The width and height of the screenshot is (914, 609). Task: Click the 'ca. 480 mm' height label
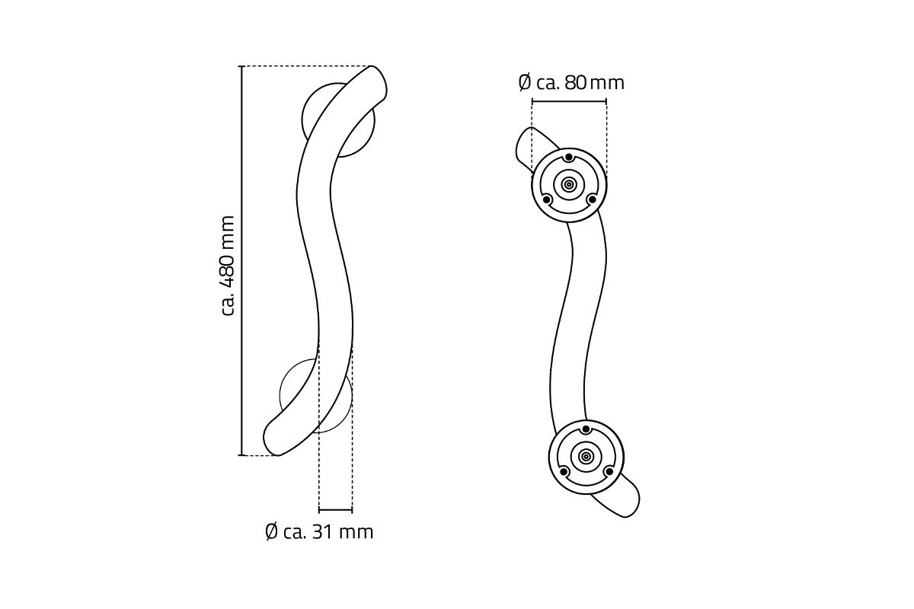pos(228,266)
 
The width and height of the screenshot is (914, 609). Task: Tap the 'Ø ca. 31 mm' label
pos(319,532)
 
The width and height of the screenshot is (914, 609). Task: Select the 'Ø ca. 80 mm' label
pos(571,83)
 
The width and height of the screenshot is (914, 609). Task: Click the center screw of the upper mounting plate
pos(568,185)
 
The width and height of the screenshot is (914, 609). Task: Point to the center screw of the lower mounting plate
pos(586,457)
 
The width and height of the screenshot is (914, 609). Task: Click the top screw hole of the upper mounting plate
pos(569,158)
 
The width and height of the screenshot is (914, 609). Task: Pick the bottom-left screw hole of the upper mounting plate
pos(546,199)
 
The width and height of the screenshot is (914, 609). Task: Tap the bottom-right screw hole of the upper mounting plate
pos(591,199)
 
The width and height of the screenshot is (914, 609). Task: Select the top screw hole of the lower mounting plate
pos(586,429)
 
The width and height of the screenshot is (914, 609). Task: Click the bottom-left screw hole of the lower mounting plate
pos(564,472)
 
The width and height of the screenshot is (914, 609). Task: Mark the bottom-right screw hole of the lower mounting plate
pos(609,472)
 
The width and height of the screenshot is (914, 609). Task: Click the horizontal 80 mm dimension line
pos(569,101)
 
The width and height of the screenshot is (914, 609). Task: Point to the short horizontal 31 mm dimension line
pos(335,510)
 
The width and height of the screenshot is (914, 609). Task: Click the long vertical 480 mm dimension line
pos(241,260)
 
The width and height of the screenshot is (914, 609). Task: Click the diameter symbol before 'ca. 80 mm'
pos(525,83)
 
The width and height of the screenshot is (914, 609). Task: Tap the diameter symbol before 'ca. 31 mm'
pos(271,532)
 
